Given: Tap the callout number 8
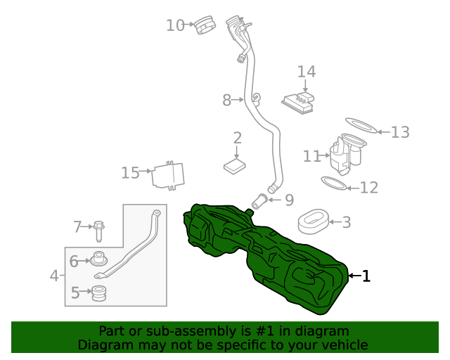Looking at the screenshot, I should [226, 101].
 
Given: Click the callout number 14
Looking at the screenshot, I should [307, 72].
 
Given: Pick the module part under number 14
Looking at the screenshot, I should [298, 102].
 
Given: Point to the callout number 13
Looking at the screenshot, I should [399, 131].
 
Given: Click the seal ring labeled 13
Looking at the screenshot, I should [360, 127].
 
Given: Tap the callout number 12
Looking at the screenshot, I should [369, 188].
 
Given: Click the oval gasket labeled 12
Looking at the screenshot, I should [335, 184].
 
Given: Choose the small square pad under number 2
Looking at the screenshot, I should [235, 166].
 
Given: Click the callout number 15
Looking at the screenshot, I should [130, 172].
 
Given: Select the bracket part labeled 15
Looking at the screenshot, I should [169, 175].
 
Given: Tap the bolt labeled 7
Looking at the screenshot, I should [98, 230].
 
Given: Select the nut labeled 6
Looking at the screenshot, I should [99, 260].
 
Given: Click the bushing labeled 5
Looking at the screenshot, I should [100, 292].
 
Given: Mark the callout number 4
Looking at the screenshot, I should [55, 276].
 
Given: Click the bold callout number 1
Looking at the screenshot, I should [365, 276].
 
